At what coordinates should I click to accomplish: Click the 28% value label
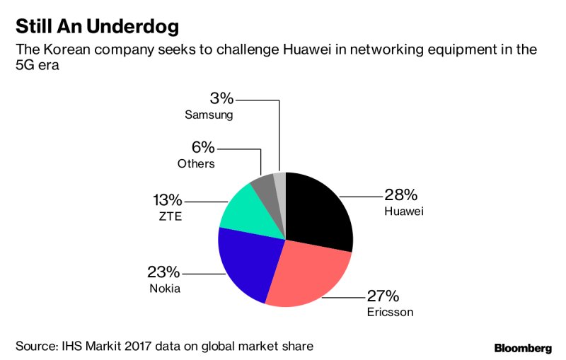coord(402,194)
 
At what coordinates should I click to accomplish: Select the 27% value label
coord(383,296)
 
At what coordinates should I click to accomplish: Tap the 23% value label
coord(163,272)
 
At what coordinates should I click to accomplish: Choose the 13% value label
coord(168,200)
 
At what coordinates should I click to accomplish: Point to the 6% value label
coord(203,148)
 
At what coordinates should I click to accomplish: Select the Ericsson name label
coord(389,311)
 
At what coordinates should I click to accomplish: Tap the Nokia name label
coord(164,289)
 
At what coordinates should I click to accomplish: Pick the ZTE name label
coord(171,216)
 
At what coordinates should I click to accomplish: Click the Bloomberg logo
coord(522,348)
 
